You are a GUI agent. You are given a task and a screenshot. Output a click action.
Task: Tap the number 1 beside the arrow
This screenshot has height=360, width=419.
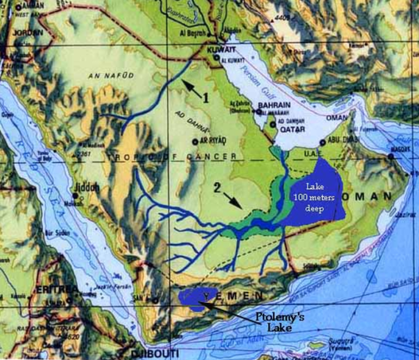(x=205, y=98)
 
